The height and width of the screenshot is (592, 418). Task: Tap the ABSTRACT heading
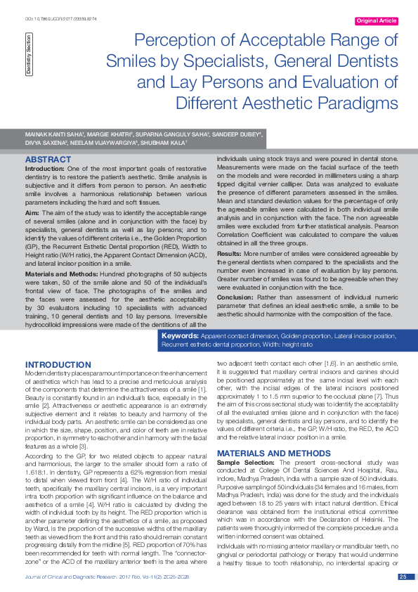[x=48, y=160]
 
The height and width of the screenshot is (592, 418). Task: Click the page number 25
[x=403, y=577]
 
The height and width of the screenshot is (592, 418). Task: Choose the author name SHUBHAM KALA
[x=166, y=141]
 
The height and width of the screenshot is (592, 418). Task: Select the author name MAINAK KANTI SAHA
[x=51, y=133]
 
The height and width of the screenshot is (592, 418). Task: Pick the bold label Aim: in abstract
[x=32, y=212]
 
